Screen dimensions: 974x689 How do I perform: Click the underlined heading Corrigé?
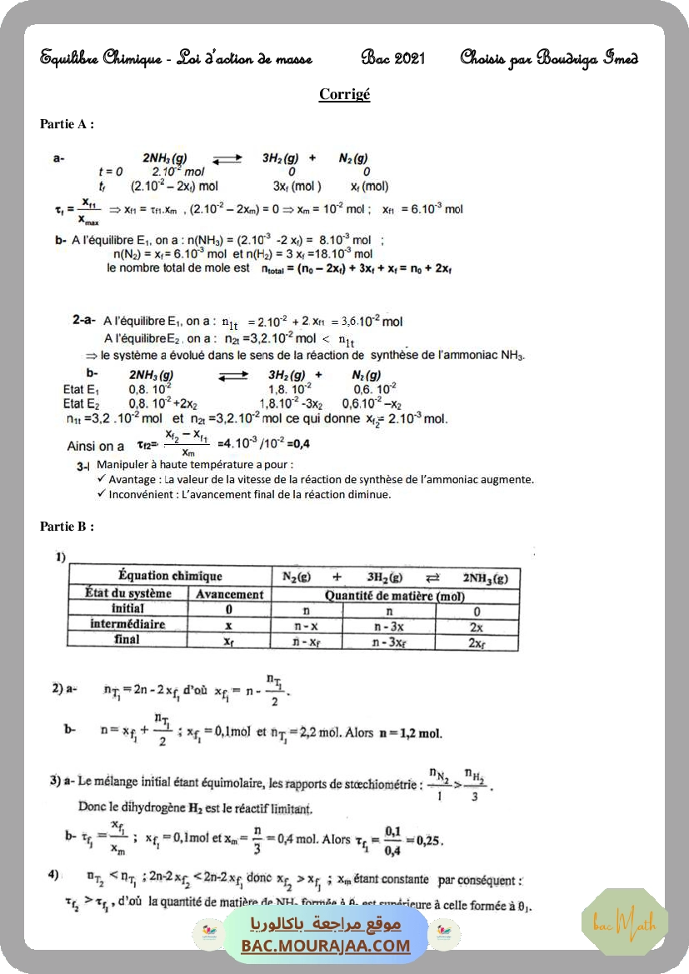click(x=344, y=94)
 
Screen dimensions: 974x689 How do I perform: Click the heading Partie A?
click(x=67, y=124)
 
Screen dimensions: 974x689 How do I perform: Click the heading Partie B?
click(x=67, y=526)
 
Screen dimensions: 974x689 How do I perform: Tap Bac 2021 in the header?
click(x=393, y=58)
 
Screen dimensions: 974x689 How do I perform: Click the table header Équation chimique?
click(x=170, y=576)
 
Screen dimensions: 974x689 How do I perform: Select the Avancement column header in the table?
click(x=229, y=594)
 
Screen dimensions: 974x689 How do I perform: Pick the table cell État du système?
click(x=128, y=593)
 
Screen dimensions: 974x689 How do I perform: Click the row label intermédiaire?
click(x=127, y=624)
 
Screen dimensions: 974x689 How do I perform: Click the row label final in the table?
click(x=127, y=640)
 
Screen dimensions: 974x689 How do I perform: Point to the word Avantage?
click(x=133, y=479)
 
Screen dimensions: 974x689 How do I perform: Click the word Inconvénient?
click(x=142, y=494)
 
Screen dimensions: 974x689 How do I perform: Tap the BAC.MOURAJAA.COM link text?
click(x=326, y=946)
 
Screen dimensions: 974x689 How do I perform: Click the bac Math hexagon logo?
click(x=625, y=922)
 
